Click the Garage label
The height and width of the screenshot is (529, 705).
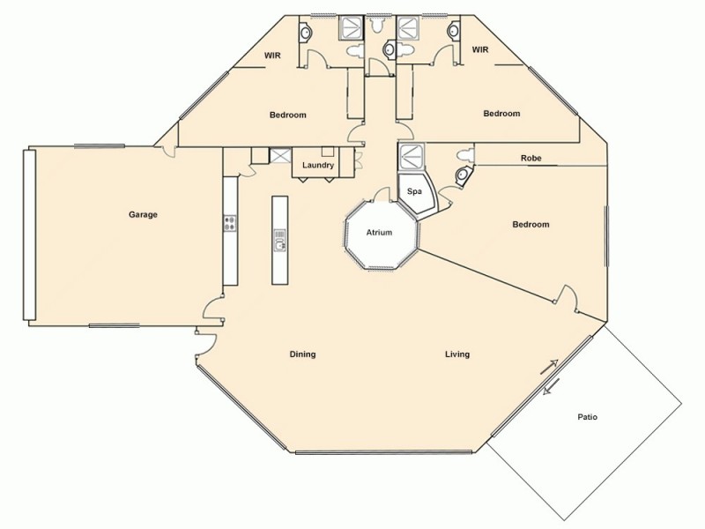tap(142, 214)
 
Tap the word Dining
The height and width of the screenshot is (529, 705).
tap(302, 354)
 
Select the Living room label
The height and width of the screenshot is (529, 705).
tap(456, 354)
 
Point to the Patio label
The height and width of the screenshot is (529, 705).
tap(588, 417)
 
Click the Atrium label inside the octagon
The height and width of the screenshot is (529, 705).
tap(380, 233)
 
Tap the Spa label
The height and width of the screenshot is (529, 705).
tap(413, 191)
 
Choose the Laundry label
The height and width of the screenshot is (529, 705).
tap(316, 165)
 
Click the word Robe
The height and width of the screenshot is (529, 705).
tap(531, 159)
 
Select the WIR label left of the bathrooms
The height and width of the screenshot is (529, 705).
tap(273, 56)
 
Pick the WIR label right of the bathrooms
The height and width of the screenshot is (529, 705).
tap(480, 49)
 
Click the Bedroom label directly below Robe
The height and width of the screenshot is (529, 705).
tap(531, 225)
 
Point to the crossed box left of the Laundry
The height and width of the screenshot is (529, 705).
tap(279, 156)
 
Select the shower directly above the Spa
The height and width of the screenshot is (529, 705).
tap(412, 157)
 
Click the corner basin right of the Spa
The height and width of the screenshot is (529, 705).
tap(461, 175)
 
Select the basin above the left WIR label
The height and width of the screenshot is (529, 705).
tap(306, 32)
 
